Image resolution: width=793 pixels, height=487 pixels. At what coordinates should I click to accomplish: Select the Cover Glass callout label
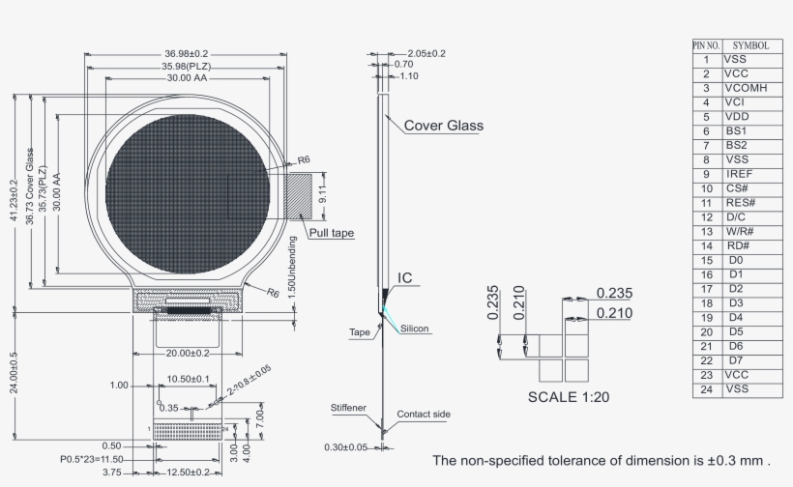(x=443, y=126)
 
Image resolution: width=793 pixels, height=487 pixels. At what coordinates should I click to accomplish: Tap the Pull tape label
(x=331, y=233)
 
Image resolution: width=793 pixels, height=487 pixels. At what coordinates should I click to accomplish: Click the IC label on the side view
(x=406, y=278)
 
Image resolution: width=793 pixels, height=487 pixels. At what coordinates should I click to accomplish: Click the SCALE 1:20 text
(x=569, y=396)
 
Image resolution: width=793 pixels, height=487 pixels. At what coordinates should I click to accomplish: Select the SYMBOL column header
(x=750, y=45)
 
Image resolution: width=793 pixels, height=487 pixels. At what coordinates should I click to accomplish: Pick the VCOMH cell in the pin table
(x=746, y=88)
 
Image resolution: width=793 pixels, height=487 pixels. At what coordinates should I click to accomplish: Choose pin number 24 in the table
(x=706, y=389)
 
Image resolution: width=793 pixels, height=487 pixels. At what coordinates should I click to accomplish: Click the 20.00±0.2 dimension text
(x=189, y=353)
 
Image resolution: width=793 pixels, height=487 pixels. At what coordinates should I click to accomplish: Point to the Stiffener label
(x=347, y=408)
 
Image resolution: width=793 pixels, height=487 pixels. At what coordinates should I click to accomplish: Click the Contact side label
(x=423, y=414)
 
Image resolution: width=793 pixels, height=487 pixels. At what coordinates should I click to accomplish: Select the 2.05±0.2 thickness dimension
(x=426, y=53)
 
